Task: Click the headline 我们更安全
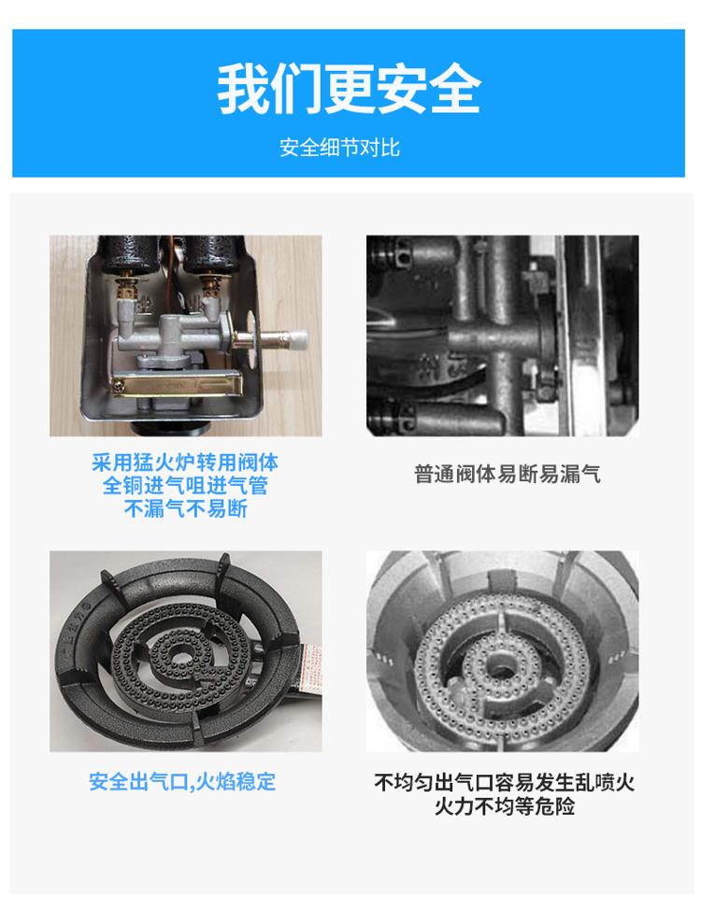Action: [349, 90]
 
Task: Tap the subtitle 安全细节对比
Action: [339, 148]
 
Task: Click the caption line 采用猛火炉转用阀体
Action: [185, 463]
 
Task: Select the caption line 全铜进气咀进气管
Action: [185, 485]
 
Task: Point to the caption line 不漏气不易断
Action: [185, 508]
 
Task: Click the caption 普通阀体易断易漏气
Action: [507, 474]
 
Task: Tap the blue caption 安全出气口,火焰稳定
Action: [182, 782]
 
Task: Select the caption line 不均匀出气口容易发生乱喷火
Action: [505, 782]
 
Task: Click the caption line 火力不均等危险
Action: [505, 805]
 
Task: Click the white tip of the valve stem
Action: [298, 339]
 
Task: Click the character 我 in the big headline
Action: [243, 90]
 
